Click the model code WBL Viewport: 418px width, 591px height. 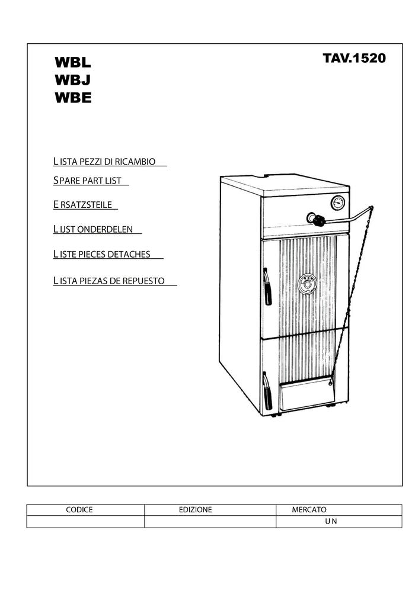click(x=73, y=62)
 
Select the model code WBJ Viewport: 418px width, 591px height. click(x=72, y=81)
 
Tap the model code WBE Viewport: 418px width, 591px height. click(x=73, y=98)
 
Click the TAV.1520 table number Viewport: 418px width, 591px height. click(x=354, y=58)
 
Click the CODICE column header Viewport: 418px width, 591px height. click(x=79, y=510)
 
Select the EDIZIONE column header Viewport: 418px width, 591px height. click(x=196, y=510)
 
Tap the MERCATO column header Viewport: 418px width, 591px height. click(x=309, y=510)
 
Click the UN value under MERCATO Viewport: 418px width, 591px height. click(x=331, y=521)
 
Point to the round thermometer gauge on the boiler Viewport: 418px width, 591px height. click(x=338, y=203)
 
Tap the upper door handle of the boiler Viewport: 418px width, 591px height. click(x=267, y=287)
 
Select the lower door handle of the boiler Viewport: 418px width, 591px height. click(x=267, y=391)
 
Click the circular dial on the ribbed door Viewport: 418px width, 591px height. click(x=308, y=284)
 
